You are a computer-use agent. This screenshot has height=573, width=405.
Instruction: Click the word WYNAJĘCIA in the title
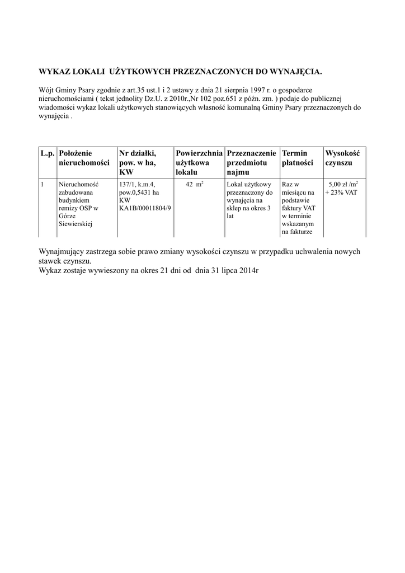tap(296, 72)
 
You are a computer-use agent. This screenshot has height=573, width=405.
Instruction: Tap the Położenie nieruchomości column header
tap(83, 157)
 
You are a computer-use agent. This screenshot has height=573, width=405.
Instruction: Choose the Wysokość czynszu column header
tap(342, 157)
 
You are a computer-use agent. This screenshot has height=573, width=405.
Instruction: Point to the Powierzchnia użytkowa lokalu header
tap(199, 162)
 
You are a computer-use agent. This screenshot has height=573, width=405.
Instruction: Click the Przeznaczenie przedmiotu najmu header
tap(252, 162)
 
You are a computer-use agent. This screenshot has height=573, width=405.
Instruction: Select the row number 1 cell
tap(43, 184)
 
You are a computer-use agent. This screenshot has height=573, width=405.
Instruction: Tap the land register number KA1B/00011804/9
tap(145, 208)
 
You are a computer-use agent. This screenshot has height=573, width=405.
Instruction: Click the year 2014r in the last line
tap(248, 270)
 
